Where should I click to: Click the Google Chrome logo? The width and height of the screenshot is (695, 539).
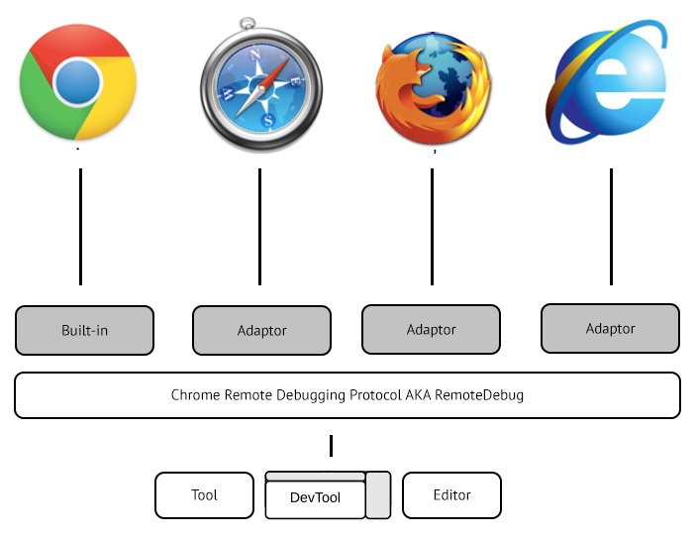78,81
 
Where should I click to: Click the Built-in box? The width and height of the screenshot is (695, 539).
85,330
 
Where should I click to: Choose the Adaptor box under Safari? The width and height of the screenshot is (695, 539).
261,330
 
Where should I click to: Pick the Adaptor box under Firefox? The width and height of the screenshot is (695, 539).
432,329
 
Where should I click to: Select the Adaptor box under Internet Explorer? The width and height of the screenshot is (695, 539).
611,328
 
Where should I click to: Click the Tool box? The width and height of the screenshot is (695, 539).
205,495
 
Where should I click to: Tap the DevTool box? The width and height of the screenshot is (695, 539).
315,497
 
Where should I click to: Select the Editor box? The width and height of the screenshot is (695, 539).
451,495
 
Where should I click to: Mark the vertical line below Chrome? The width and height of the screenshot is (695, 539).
80,227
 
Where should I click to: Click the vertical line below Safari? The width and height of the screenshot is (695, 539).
259,227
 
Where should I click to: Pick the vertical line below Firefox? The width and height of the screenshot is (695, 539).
432,227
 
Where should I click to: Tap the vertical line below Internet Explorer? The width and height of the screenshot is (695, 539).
611,227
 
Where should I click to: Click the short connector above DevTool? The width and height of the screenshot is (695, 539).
331,446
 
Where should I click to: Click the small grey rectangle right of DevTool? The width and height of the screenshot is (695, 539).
378,494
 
